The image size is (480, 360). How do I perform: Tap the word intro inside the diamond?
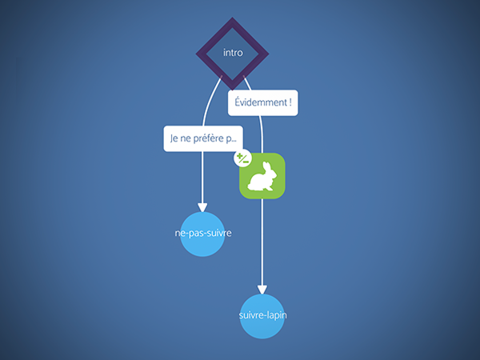pyautogui.click(x=233, y=53)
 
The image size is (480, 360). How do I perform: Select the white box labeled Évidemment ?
pyautogui.click(x=262, y=103)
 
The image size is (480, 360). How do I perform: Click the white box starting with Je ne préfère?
pyautogui.click(x=203, y=138)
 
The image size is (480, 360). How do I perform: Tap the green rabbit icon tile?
pyautogui.click(x=262, y=176)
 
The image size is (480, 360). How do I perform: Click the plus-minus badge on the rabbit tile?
pyautogui.click(x=242, y=158)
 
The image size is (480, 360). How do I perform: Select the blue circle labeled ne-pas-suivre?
pyautogui.click(x=202, y=234)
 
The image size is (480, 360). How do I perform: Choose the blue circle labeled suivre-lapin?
pyautogui.click(x=262, y=316)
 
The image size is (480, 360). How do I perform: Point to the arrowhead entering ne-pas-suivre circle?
pyautogui.click(x=202, y=207)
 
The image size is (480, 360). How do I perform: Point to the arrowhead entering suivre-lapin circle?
pyautogui.click(x=262, y=290)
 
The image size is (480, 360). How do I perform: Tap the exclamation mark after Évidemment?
pyautogui.click(x=290, y=102)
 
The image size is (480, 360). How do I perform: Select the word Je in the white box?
pyautogui.click(x=174, y=138)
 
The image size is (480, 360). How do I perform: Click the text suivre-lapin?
pyautogui.click(x=262, y=315)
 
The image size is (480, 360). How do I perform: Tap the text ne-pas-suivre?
pyautogui.click(x=203, y=234)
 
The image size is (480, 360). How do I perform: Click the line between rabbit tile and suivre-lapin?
pyautogui.click(x=262, y=242)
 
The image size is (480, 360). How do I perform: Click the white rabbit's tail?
pyautogui.click(x=250, y=186)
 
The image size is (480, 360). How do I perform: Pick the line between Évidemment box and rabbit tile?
pyautogui.click(x=262, y=134)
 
